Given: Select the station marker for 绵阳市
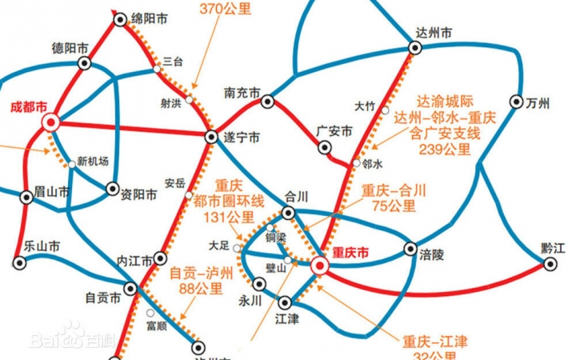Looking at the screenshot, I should click(120, 20).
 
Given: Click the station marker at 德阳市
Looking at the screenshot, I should click(84, 62).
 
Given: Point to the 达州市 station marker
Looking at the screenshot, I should click(414, 49).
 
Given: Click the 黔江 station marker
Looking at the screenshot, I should click(550, 262).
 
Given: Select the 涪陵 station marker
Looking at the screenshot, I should click(410, 249).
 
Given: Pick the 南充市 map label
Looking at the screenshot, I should click(242, 93).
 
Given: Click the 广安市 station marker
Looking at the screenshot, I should click(325, 147).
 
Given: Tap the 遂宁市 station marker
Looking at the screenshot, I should click(211, 136).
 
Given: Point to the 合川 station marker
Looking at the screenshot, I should click(289, 213).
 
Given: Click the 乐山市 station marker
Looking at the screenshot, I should click(20, 261).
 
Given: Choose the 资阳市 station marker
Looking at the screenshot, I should click(112, 190).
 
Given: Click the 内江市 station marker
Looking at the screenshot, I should click(160, 258).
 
